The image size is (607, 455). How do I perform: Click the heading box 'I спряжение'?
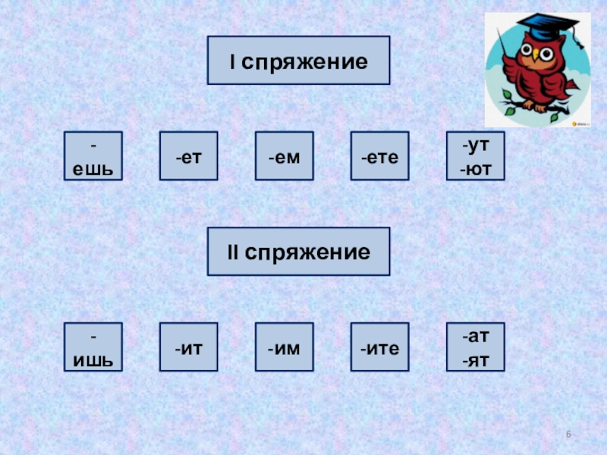pos(298,60)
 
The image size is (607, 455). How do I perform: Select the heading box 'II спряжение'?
pos(298,251)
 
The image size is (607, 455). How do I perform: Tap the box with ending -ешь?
pos(93,155)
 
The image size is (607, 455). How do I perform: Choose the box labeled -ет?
pos(188,156)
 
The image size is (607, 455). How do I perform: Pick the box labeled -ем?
pos(284,156)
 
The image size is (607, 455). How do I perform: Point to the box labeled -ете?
pos(379,156)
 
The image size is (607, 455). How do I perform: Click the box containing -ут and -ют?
pos(475,155)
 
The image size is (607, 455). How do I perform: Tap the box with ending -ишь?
pos(93,347)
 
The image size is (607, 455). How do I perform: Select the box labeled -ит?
pos(188,347)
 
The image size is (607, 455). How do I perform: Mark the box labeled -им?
pos(284,347)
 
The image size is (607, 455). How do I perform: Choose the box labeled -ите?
pos(379,347)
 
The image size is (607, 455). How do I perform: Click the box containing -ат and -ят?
pos(475,347)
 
